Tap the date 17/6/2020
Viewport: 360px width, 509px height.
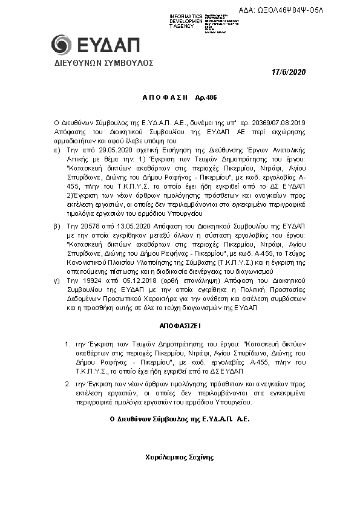click(289, 73)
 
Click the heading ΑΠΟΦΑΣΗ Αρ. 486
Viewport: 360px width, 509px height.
click(180, 97)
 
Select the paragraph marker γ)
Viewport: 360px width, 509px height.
click(57, 282)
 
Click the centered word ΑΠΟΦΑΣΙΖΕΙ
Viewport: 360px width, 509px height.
click(180, 325)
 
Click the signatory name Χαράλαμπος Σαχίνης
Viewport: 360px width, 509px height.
click(180, 457)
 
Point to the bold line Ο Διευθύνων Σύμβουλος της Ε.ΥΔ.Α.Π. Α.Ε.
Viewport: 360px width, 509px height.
click(180, 418)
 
